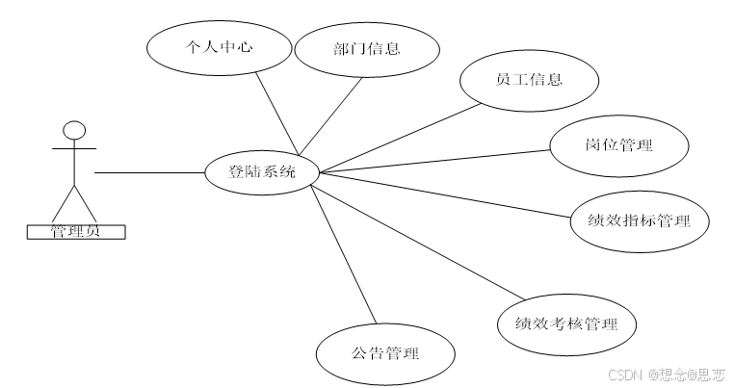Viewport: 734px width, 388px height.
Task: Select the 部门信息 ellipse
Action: [366, 48]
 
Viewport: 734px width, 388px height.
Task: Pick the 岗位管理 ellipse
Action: [618, 146]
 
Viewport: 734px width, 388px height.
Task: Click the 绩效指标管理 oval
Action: [639, 220]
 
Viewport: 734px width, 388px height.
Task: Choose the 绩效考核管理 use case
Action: [566, 323]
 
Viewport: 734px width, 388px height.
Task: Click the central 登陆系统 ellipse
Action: [262, 173]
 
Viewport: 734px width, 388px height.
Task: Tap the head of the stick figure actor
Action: [74, 130]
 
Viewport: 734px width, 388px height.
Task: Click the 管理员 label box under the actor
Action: [74, 231]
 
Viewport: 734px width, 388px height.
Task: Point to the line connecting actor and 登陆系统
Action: [149, 173]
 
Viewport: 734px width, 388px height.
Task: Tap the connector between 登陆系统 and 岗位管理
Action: [433, 161]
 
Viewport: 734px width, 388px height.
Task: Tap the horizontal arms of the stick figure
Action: [74, 149]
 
